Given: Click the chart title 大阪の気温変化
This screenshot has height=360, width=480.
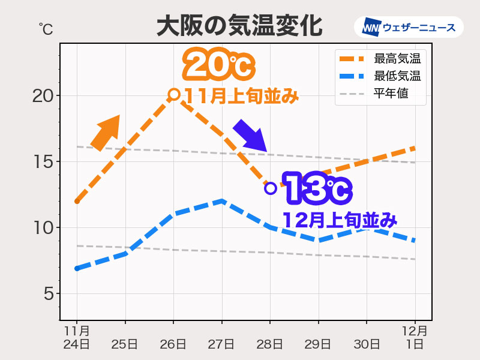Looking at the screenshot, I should coord(240,27).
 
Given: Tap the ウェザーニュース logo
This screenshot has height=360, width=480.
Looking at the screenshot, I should coord(409,27).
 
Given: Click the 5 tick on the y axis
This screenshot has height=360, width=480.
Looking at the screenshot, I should coord(47,294).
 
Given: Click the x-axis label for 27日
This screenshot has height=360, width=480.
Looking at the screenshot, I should coord(222,344).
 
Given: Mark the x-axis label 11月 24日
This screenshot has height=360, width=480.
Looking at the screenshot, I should coord(77,337).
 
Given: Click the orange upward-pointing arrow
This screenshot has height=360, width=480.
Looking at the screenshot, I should coord(106,132).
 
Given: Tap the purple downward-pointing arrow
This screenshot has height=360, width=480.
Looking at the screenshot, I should coord(250,136).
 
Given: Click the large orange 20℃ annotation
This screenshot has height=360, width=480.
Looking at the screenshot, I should coord(217,65).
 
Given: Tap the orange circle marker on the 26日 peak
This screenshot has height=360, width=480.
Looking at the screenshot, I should coord(174,94).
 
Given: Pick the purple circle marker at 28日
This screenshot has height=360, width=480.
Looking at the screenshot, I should coord(270,188).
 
